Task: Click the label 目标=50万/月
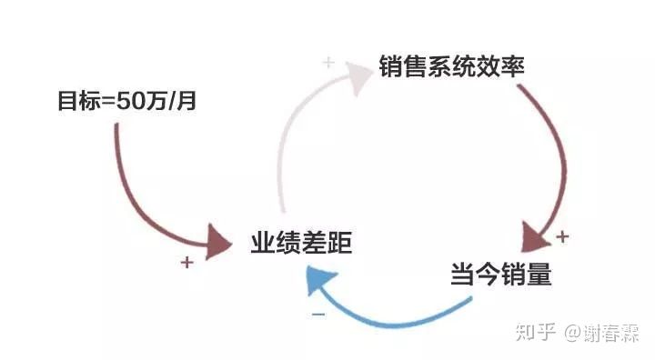(x=126, y=101)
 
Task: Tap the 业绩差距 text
(x=300, y=243)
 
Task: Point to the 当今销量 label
(x=500, y=274)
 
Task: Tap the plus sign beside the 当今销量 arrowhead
(x=562, y=236)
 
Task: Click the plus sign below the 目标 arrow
(x=186, y=263)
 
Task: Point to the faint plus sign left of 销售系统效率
(x=328, y=63)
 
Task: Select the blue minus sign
(x=318, y=314)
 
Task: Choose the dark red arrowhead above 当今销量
(x=537, y=239)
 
